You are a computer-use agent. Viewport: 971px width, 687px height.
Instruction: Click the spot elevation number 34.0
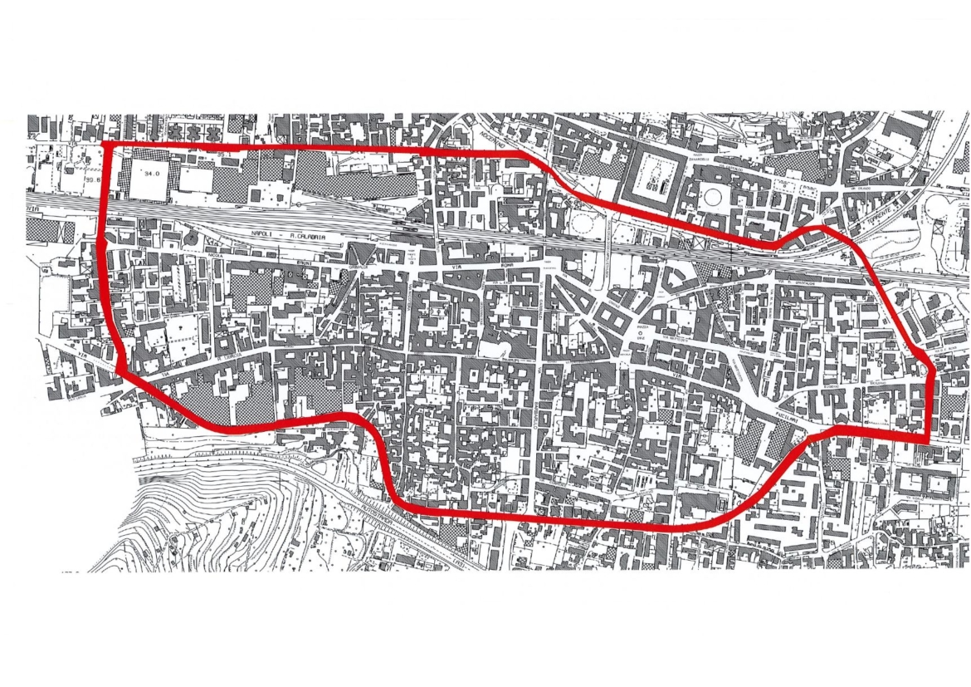150,174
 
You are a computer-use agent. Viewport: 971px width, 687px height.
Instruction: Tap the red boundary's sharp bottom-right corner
925,438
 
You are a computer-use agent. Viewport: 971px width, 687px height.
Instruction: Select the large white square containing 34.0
149,177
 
